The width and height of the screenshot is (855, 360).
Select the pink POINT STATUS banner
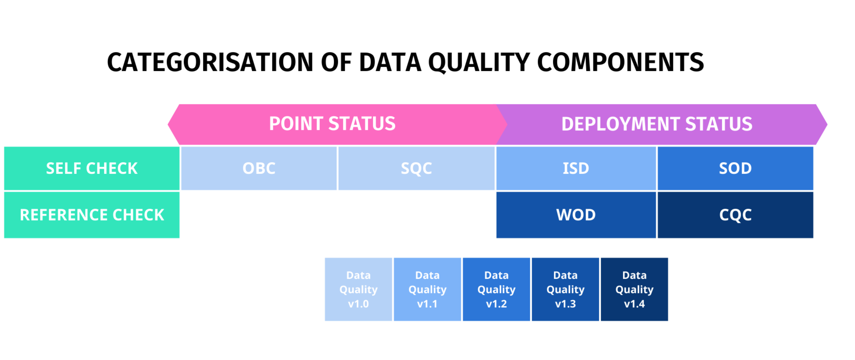[332, 124]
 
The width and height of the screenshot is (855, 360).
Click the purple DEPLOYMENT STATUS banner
[657, 124]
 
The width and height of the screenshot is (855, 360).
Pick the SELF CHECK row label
[92, 168]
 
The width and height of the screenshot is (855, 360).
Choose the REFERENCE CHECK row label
[92, 215]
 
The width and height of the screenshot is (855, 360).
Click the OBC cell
[259, 168]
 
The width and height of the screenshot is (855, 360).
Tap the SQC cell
[416, 168]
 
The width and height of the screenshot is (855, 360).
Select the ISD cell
[576, 168]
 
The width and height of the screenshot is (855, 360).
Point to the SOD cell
[735, 168]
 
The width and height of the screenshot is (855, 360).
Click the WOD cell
[576, 215]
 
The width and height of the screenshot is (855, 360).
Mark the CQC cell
[735, 215]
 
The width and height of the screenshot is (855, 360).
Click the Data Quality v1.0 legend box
[358, 289]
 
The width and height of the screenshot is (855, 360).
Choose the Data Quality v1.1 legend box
[427, 289]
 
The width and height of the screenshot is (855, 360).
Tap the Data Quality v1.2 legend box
[497, 289]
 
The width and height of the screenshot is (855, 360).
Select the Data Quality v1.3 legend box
[566, 289]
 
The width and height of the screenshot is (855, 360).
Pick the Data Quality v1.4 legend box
[634, 289]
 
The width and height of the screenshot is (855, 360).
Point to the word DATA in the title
[390, 62]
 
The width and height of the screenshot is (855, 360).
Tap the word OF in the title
[336, 62]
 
